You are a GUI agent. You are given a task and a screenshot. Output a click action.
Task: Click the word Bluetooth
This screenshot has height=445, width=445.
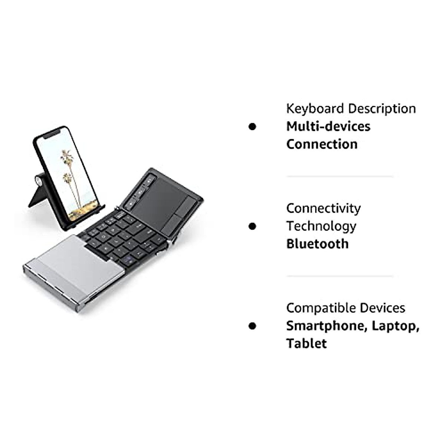click(x=317, y=244)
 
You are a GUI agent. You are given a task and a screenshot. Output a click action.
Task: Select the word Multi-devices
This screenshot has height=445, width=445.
click(x=328, y=126)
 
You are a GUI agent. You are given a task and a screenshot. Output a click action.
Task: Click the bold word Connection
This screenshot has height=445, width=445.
click(x=322, y=144)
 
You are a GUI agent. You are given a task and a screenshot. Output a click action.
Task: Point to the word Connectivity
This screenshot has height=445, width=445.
click(x=323, y=208)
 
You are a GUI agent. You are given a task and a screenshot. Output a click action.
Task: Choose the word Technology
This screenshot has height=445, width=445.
click(x=321, y=226)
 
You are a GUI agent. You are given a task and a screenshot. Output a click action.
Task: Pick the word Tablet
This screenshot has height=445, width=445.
click(x=306, y=343)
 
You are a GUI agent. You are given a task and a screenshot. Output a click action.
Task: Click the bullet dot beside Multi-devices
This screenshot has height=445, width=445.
click(x=253, y=126)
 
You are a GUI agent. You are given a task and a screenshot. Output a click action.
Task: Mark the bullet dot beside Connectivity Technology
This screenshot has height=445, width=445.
click(x=253, y=226)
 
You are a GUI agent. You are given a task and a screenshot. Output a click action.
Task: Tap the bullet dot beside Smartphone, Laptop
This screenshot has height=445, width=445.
click(x=253, y=326)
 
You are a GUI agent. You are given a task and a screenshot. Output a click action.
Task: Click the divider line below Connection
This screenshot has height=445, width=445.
click(x=339, y=177)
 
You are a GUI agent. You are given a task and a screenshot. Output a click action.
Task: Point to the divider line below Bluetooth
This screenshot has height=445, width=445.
click(x=339, y=276)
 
